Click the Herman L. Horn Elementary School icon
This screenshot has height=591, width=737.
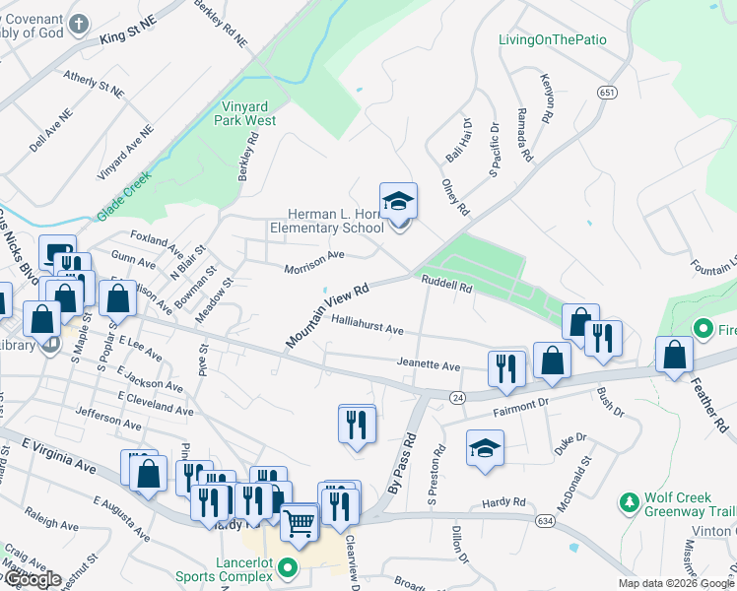[399, 201]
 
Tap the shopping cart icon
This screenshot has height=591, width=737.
[299, 522]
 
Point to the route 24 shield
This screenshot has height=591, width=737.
[457, 397]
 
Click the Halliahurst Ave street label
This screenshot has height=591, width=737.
[368, 328]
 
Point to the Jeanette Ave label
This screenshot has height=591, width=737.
[429, 365]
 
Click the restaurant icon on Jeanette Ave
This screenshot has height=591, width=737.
[506, 367]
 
